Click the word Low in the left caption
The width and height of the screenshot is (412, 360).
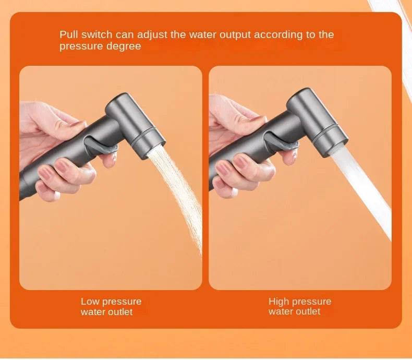[90, 302]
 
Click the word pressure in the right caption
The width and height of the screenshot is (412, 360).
[311, 302]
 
